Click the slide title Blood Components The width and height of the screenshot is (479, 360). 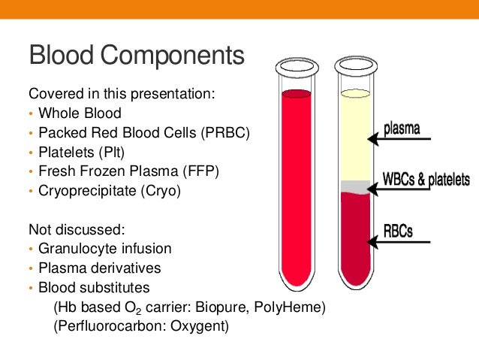[136, 56]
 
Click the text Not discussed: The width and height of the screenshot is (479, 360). [70, 229]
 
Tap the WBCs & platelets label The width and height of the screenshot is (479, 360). [426, 180]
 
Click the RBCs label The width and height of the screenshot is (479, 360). [399, 229]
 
